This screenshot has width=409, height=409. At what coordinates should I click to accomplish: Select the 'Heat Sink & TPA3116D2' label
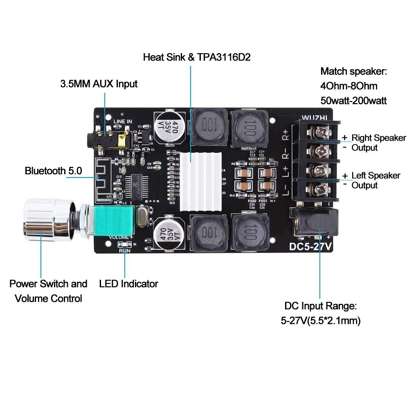coord(196,57)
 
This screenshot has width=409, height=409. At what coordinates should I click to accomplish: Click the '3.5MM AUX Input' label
coord(99,84)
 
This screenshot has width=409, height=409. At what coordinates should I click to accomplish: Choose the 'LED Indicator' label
coord(128,283)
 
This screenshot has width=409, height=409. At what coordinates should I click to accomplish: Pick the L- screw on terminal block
coord(320,189)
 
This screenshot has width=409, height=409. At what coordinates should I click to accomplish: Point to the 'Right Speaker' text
coord(379,138)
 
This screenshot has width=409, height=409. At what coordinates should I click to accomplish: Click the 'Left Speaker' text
coord(376,175)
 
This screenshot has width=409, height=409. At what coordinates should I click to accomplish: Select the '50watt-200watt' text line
coord(353,100)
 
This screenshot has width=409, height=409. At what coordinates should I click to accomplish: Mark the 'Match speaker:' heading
coord(353,72)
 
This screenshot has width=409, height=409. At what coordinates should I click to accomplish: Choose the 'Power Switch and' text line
coord(48,283)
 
